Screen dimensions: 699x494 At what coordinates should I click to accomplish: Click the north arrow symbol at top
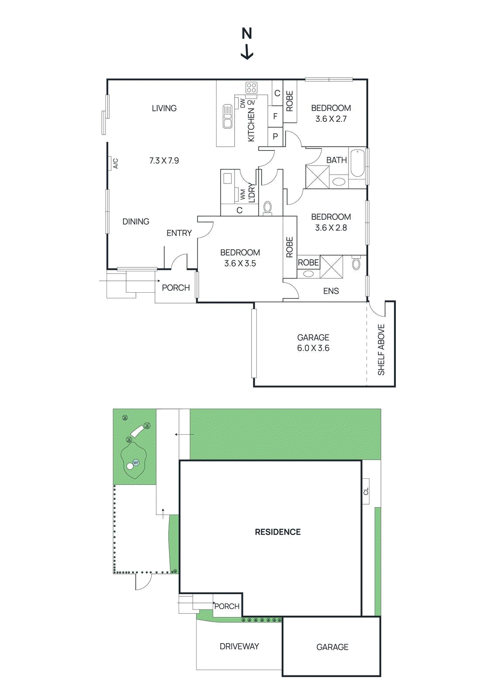click(247, 44)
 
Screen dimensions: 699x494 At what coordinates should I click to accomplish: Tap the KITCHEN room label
click(251, 125)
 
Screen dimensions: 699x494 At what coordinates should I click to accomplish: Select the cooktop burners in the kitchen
click(251, 88)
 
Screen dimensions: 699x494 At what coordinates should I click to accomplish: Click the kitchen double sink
click(228, 116)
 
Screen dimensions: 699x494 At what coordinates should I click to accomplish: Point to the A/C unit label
click(115, 163)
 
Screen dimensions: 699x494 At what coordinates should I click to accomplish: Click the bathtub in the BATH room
click(357, 163)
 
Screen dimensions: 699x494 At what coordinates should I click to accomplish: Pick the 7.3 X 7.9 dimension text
click(164, 161)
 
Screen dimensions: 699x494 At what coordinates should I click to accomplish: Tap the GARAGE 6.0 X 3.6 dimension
click(313, 348)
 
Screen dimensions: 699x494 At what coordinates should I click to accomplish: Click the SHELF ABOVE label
click(381, 349)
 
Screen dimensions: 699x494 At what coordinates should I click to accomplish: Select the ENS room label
click(331, 291)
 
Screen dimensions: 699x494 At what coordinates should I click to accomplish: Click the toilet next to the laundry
click(267, 207)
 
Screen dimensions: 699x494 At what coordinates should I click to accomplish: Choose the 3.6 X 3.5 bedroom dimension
click(240, 263)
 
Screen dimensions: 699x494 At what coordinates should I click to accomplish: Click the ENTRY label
click(179, 233)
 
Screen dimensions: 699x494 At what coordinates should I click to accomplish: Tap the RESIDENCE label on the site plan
click(278, 532)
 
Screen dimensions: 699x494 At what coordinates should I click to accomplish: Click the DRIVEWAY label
click(239, 646)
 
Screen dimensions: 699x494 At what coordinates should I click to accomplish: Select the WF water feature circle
click(136, 463)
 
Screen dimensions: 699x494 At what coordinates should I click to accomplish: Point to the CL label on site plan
click(366, 491)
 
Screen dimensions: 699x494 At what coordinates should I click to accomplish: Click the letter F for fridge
click(275, 116)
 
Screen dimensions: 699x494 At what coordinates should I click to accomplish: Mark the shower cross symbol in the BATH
click(318, 177)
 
